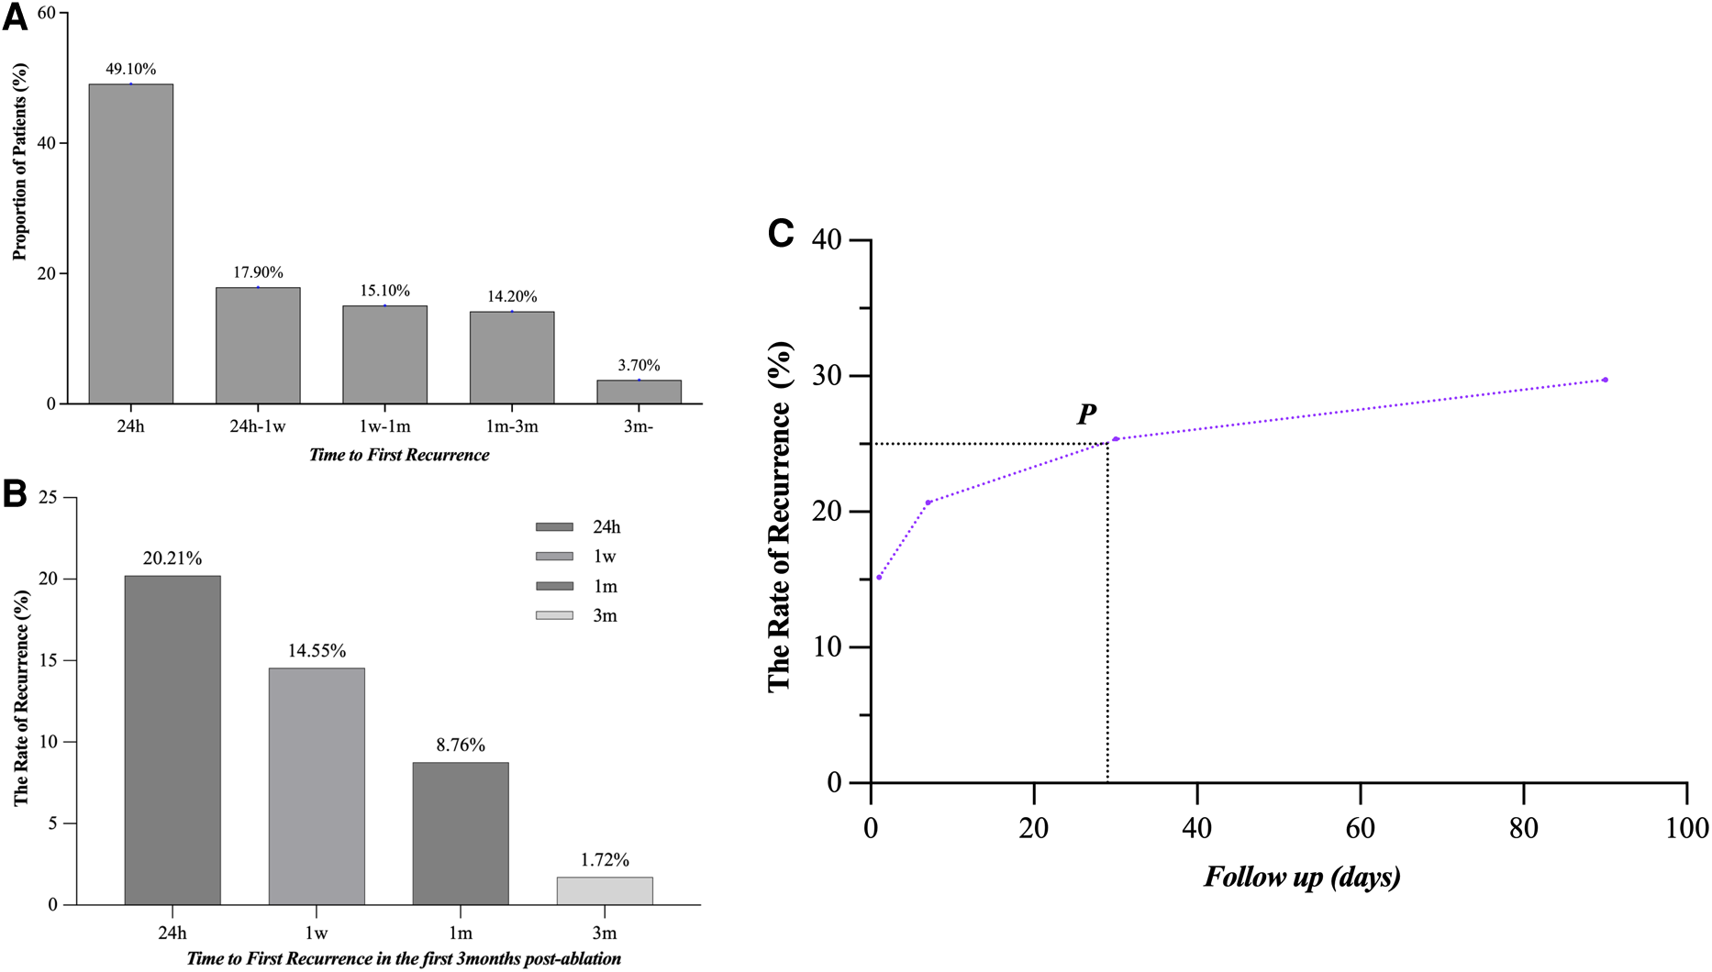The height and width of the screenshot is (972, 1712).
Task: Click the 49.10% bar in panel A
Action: pos(130,244)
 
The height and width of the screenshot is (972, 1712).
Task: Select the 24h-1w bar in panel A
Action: pos(258,346)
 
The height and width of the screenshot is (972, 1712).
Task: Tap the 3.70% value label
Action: pos(639,365)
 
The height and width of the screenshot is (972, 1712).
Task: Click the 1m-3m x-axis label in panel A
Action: pos(512,426)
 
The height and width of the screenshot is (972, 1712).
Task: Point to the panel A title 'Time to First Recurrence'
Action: pos(399,455)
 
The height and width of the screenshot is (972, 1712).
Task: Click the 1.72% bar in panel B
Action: pos(605,891)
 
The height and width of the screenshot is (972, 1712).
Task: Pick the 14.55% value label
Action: pos(317,651)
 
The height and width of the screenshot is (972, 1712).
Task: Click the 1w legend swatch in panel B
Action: pos(554,557)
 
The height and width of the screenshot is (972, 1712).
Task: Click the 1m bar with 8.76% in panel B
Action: pos(461,834)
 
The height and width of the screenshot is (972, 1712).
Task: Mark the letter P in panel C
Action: pos(1086,414)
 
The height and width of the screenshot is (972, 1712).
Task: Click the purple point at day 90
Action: pos(1605,380)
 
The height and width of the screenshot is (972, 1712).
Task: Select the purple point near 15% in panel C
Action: pos(879,578)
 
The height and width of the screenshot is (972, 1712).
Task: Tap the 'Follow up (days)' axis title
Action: pos(1302,878)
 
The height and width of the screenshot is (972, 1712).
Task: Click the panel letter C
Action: pos(781,234)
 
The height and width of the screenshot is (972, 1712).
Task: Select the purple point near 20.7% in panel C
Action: pos(928,503)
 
